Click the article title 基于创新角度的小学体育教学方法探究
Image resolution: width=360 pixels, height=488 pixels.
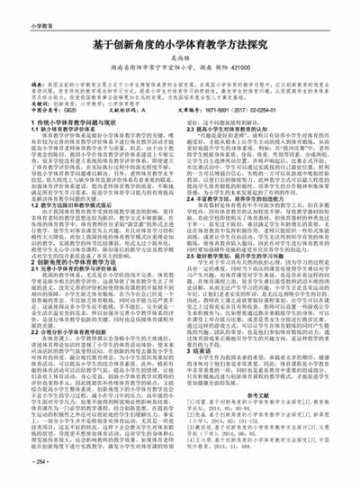(180, 42)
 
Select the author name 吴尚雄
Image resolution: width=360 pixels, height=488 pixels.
(180, 60)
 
